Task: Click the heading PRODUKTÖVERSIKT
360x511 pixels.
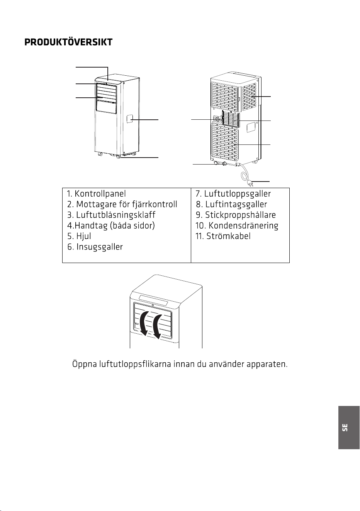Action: pyautogui.click(x=68, y=42)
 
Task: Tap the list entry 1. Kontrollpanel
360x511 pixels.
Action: pyautogui.click(x=96, y=194)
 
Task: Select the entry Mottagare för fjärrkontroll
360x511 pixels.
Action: pyautogui.click(x=127, y=204)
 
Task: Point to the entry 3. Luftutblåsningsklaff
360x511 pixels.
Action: pyautogui.click(x=111, y=215)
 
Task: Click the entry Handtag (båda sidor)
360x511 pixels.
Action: pyautogui.click(x=115, y=226)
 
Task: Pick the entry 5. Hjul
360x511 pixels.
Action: pyautogui.click(x=79, y=236)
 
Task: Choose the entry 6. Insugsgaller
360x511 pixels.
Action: pyautogui.click(x=95, y=247)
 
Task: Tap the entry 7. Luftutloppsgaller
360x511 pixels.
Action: pyautogui.click(x=233, y=194)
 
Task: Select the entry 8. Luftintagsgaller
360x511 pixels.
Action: pyautogui.click(x=231, y=204)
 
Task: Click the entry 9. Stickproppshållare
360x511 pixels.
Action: pyautogui.click(x=236, y=215)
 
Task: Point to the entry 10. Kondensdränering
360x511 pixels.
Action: pyautogui.click(x=237, y=226)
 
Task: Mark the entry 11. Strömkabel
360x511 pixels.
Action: pyautogui.click(x=223, y=236)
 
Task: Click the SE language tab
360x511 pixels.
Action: pyautogui.click(x=349, y=428)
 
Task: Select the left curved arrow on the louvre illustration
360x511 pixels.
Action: pyautogui.click(x=144, y=323)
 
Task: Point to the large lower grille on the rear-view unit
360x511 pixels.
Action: pyautogui.click(x=225, y=142)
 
